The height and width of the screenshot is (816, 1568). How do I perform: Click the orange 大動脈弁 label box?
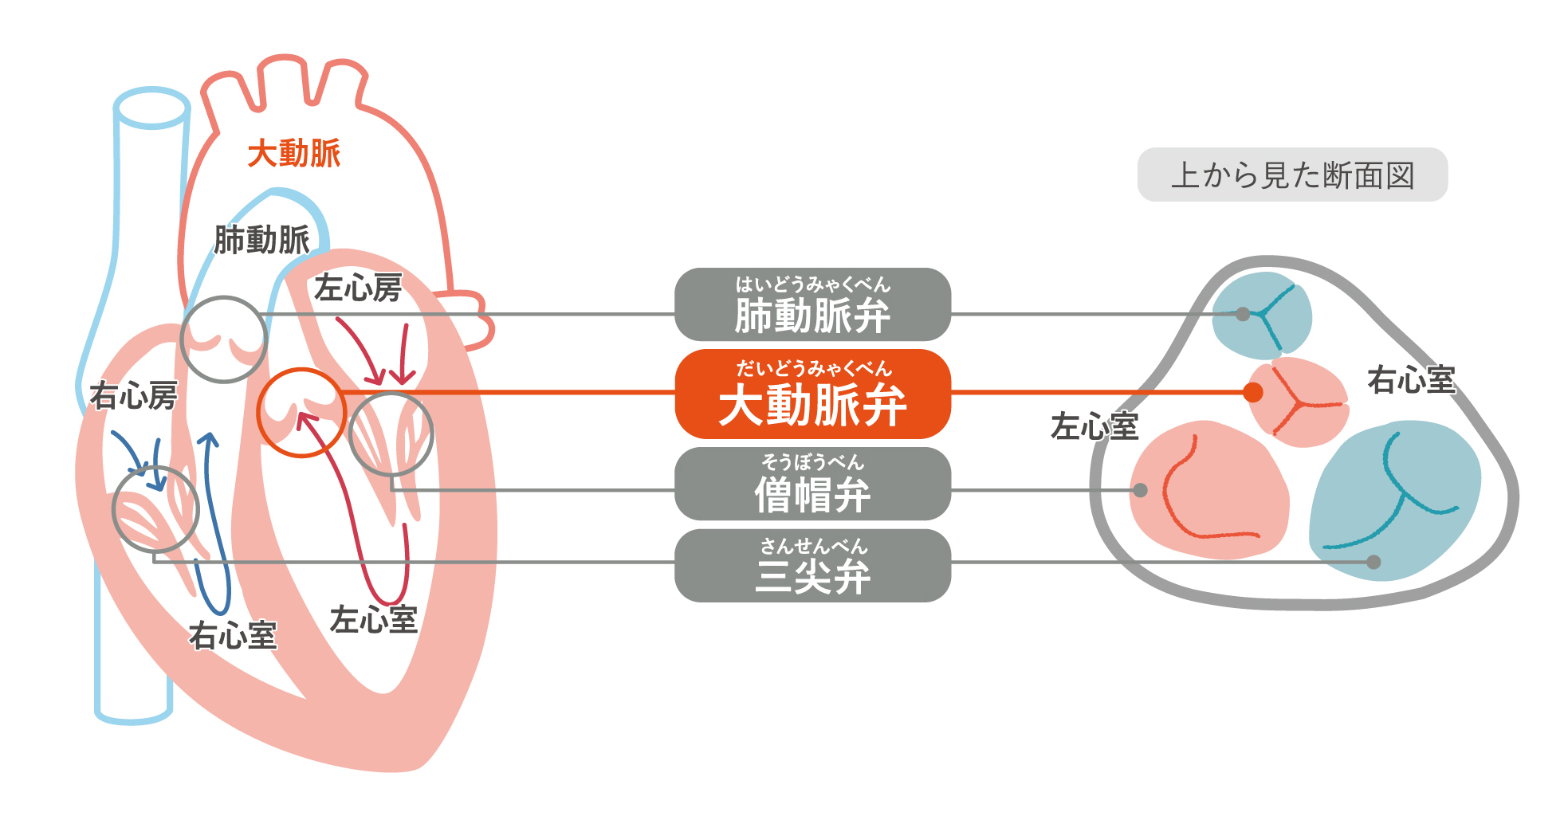812,394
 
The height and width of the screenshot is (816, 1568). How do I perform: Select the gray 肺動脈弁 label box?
812,304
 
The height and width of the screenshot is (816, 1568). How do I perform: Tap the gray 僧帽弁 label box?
812,484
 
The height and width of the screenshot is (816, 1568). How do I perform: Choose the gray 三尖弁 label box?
812,566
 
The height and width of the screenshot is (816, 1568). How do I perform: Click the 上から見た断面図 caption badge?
1292,175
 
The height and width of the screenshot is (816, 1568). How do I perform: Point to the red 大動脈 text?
294,153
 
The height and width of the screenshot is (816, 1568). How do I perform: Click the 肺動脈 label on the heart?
261,240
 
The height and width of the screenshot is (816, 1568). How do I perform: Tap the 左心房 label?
358,288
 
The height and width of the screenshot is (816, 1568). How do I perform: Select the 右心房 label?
133,395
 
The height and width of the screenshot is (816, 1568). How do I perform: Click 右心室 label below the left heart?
233,636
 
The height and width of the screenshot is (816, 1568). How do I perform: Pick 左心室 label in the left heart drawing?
374,620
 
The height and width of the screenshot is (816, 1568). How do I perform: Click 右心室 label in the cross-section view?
1412,380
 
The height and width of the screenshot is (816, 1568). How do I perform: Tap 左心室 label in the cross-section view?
1094,426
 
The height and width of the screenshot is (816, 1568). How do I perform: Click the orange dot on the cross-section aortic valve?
1253,392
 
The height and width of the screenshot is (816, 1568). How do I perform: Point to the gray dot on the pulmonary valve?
1243,314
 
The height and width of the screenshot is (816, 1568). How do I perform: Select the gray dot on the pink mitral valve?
1141,490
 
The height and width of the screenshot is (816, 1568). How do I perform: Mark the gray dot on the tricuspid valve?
1373,562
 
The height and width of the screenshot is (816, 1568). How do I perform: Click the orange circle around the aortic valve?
258,413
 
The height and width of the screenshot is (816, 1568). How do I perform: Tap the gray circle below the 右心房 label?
113,510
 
